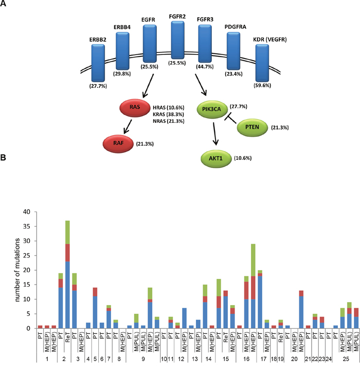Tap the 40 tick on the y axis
(x=31, y=212)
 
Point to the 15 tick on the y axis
(x=31, y=285)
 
